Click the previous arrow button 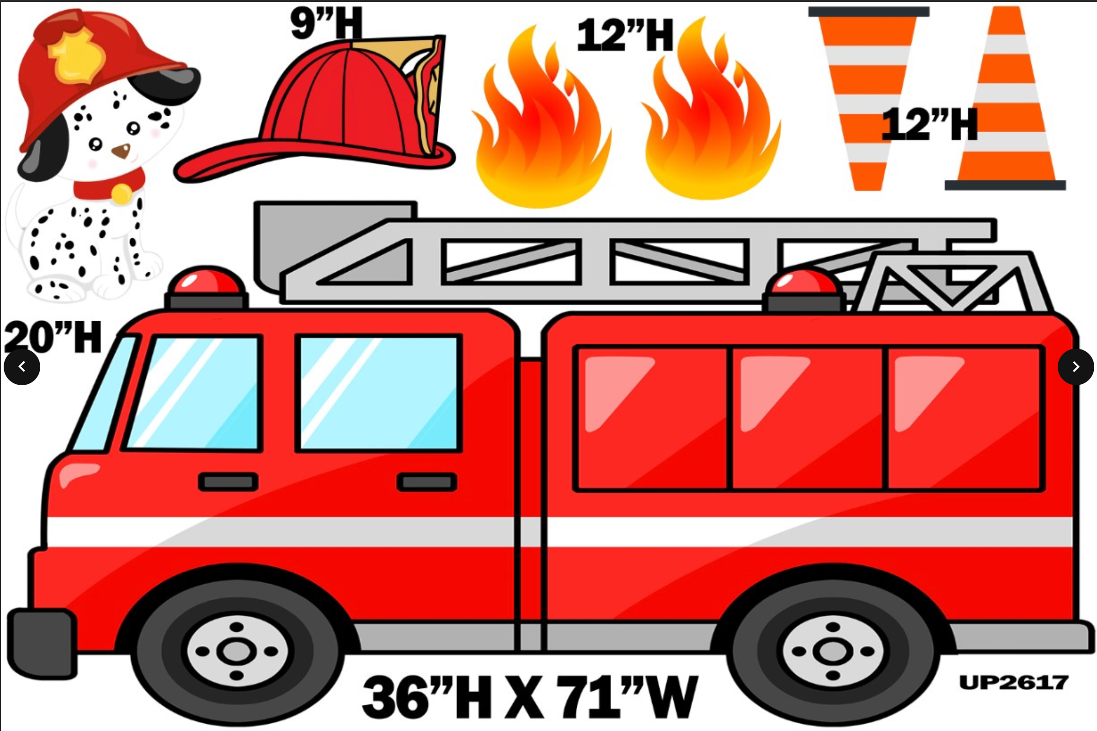(22, 367)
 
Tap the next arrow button (1076, 367)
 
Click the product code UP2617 (1013, 683)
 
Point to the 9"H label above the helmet (326, 23)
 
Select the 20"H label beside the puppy (53, 337)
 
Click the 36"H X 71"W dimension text (530, 697)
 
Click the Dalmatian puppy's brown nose (121, 150)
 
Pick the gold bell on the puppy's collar (122, 193)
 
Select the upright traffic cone (1006, 102)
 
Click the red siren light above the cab (206, 282)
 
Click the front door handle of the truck (228, 482)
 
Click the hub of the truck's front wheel (237, 651)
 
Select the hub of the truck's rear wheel (832, 651)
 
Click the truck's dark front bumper (42, 643)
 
